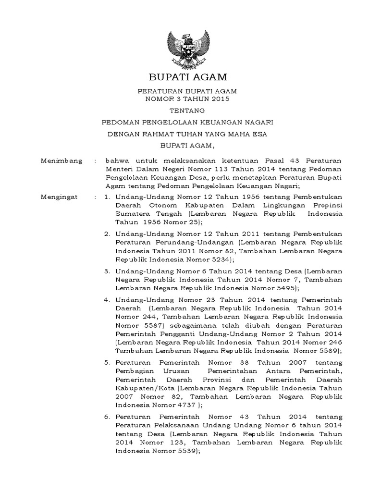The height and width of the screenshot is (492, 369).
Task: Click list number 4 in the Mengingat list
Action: click(x=107, y=300)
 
